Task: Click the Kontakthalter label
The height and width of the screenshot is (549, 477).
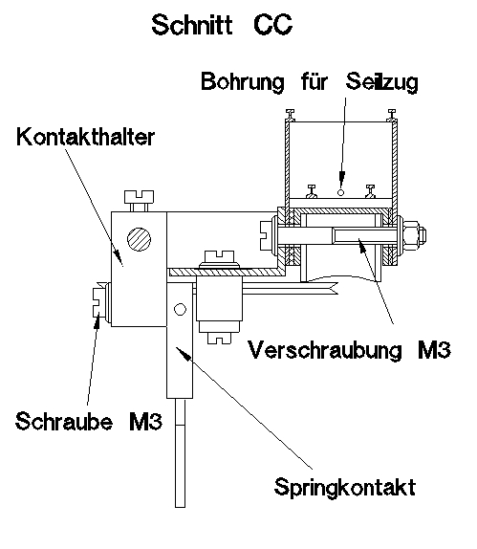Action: pos(85,138)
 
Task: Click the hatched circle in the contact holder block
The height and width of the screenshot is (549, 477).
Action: pos(141,239)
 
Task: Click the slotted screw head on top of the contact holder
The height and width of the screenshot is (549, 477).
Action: pos(140,201)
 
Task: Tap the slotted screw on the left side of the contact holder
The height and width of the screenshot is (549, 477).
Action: pos(98,303)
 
